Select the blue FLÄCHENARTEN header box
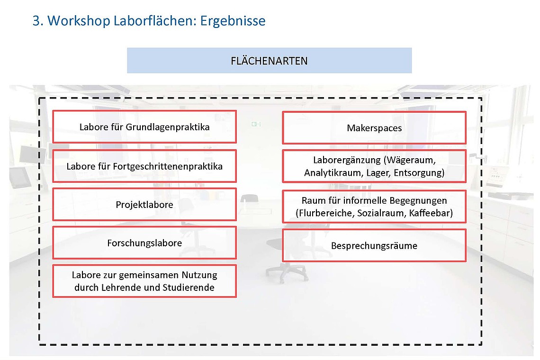point(269,61)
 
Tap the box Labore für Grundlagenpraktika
point(144,127)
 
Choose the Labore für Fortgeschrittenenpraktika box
point(144,166)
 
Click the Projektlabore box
point(144,205)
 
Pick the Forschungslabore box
point(144,243)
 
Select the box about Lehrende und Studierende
point(144,281)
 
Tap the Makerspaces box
point(374,128)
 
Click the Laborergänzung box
point(374,166)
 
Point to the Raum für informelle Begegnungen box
point(374,207)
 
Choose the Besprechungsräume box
point(374,246)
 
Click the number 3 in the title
point(36,21)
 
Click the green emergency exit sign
point(256,124)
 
